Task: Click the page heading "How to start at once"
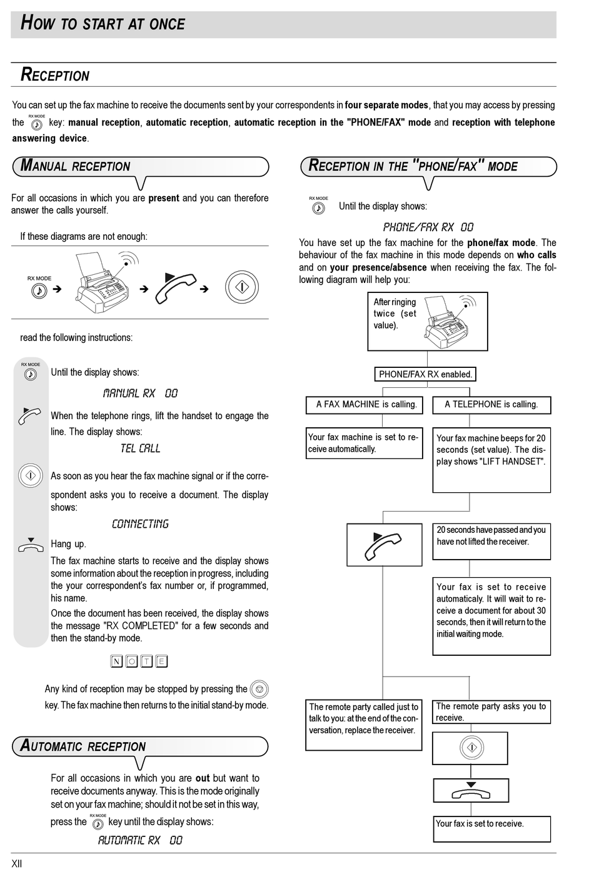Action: pyautogui.click(x=103, y=24)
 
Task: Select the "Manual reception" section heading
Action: pyautogui.click(x=76, y=166)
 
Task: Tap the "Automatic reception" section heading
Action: pyautogui.click(x=83, y=746)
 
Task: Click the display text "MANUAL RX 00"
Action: pyautogui.click(x=140, y=394)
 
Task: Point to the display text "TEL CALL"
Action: pyautogui.click(x=140, y=448)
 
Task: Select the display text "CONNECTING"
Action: pyautogui.click(x=140, y=524)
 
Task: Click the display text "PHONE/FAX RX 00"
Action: pyautogui.click(x=428, y=227)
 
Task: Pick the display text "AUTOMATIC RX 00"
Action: pyautogui.click(x=140, y=841)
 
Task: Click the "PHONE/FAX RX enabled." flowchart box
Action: pyautogui.click(x=425, y=374)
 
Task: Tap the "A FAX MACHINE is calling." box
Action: pyautogui.click(x=366, y=404)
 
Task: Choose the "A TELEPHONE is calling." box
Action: pyautogui.click(x=491, y=404)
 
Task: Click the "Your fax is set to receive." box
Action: pyautogui.click(x=491, y=828)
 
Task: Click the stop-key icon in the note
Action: pyautogui.click(x=259, y=690)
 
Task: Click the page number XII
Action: pyautogui.click(x=17, y=864)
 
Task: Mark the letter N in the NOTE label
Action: pyautogui.click(x=116, y=661)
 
